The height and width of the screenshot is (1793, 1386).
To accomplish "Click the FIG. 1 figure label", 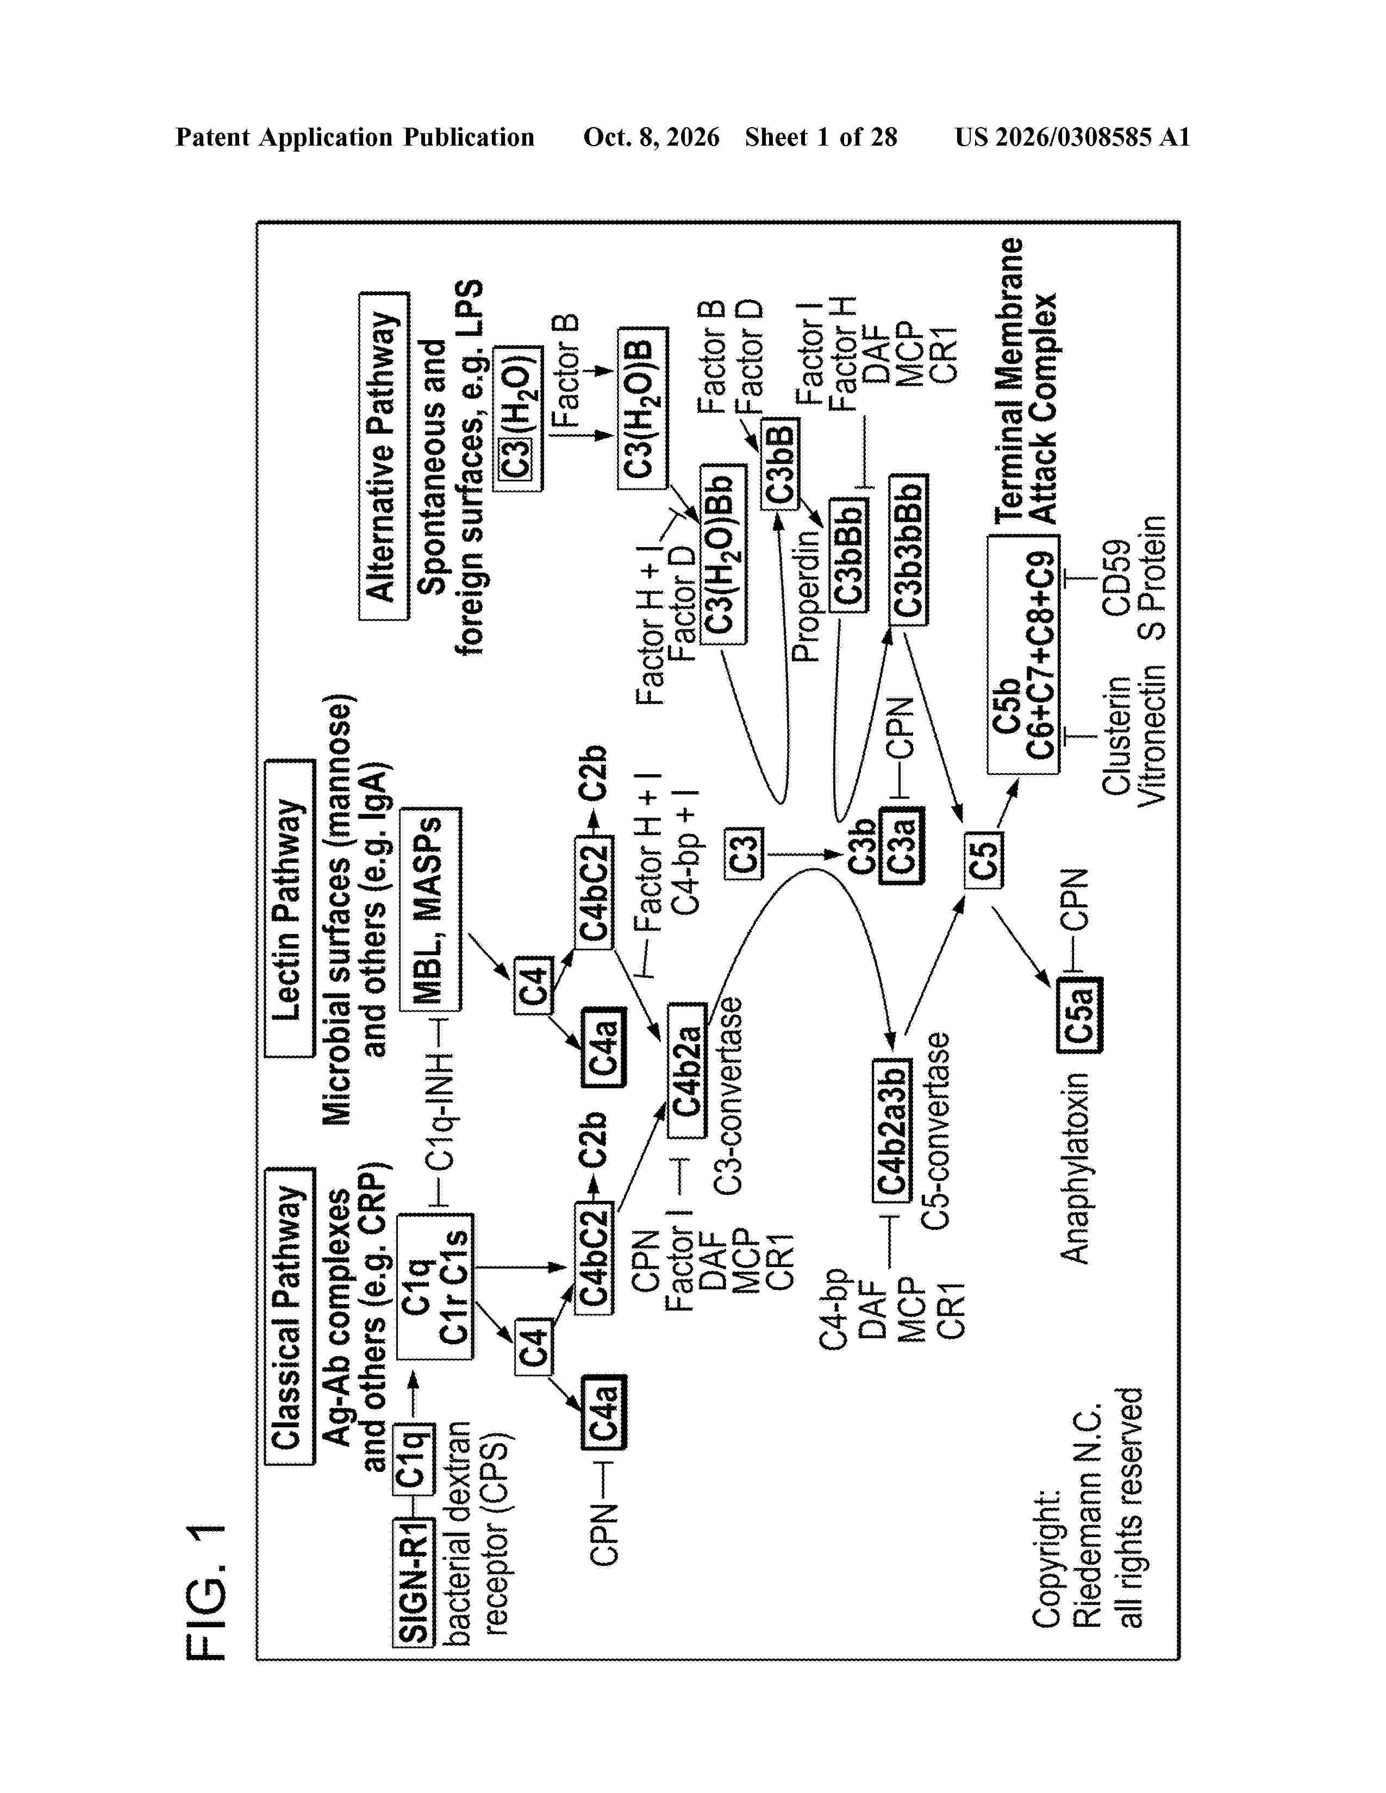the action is point(206,1593).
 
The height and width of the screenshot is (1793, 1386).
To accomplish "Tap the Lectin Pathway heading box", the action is point(290,907).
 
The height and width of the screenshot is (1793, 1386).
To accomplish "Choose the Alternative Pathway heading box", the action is point(383,456).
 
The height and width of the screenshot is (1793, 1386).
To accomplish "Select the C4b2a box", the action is point(687,1070).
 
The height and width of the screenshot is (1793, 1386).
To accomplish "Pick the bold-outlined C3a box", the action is point(901,845).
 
